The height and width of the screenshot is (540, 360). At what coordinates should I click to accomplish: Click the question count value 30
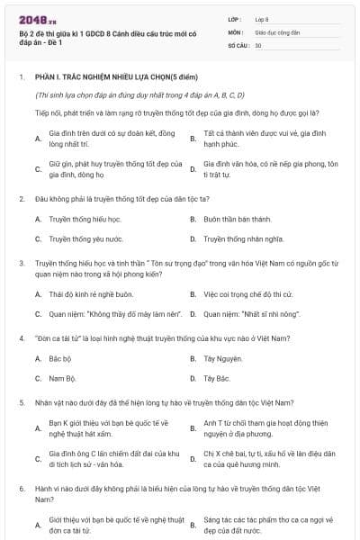(258, 44)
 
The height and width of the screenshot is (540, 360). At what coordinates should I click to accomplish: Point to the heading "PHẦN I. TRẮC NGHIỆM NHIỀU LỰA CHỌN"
(112, 78)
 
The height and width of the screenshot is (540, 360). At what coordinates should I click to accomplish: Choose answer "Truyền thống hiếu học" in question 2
(71, 219)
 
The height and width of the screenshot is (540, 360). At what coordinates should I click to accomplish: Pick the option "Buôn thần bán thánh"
(237, 219)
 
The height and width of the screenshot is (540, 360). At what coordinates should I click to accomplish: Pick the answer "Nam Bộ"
(60, 378)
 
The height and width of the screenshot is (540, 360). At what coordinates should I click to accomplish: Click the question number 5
(21, 402)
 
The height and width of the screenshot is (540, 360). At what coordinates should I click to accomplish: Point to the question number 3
(21, 262)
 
